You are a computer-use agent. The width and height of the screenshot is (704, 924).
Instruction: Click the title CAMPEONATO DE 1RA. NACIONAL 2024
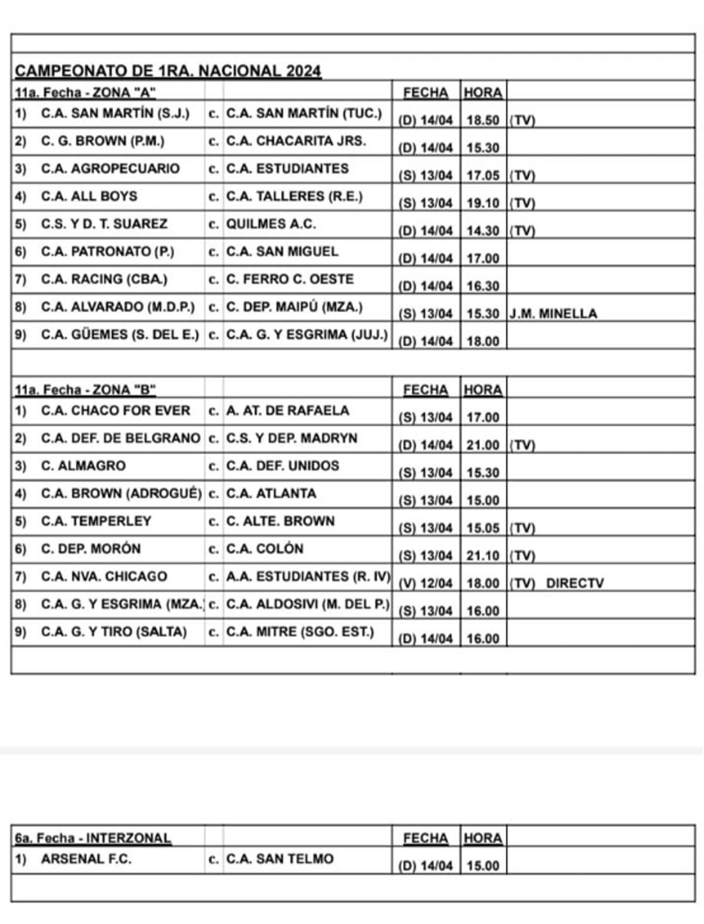click(x=168, y=71)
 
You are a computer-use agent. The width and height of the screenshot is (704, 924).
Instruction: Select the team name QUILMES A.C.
click(x=270, y=224)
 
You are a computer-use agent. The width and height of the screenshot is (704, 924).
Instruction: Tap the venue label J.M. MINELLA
click(x=553, y=313)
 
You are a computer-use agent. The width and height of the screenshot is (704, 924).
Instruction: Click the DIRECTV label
click(x=574, y=583)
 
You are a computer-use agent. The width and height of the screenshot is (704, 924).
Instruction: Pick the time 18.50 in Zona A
click(x=482, y=120)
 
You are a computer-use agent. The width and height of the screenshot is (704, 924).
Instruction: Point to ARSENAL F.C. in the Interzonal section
click(x=86, y=859)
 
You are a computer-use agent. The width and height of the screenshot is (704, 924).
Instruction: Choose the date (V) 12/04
click(x=425, y=583)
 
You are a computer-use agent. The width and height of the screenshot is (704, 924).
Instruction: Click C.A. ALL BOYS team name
click(x=89, y=196)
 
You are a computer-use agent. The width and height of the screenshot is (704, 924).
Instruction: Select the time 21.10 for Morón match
click(x=482, y=556)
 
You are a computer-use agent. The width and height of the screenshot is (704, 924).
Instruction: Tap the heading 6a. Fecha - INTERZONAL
click(x=93, y=838)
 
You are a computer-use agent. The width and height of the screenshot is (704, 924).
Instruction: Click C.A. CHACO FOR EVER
click(x=116, y=411)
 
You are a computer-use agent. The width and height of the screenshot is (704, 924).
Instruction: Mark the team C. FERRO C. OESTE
click(x=290, y=279)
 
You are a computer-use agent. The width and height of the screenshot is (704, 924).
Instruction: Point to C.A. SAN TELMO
click(x=280, y=859)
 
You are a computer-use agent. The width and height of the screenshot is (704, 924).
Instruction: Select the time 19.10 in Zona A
click(x=482, y=203)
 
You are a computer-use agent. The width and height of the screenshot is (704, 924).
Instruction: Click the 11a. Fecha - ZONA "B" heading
click(x=85, y=390)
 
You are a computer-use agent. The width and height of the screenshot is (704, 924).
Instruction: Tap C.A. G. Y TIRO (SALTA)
click(x=114, y=632)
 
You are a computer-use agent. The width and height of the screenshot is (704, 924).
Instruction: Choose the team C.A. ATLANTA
click(x=271, y=493)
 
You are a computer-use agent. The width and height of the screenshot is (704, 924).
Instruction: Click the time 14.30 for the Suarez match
click(x=482, y=231)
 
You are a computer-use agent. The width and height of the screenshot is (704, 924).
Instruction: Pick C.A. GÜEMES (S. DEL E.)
click(x=120, y=334)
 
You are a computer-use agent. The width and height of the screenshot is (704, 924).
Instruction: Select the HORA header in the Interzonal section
click(x=482, y=838)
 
